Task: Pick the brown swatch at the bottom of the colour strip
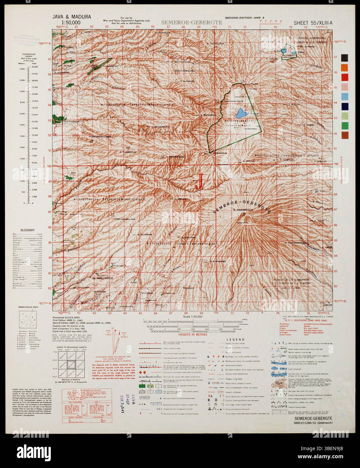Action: (345, 135)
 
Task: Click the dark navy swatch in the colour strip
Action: (345, 106)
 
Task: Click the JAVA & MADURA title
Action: (71, 16)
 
